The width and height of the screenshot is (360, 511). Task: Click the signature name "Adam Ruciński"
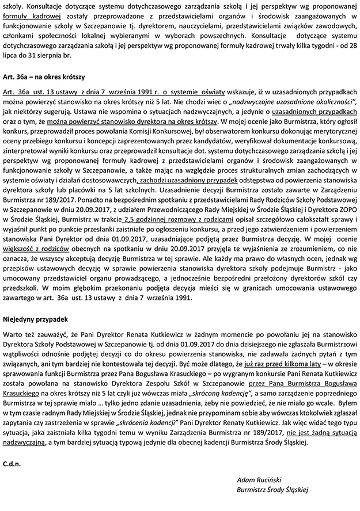pos(257,479)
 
